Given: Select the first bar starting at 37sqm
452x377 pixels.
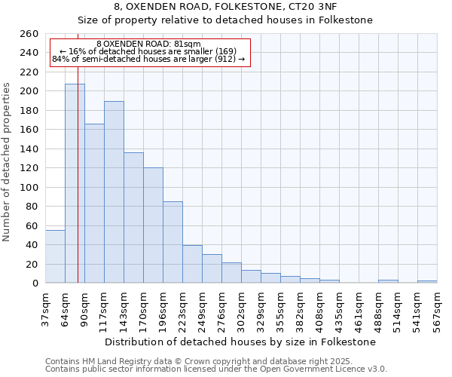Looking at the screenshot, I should coord(55,256).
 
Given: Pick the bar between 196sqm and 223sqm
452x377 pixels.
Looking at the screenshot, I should coord(173,242).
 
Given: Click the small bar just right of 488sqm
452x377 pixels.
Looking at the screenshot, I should coord(388,281).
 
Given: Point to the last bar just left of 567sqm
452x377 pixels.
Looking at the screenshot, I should coord(427,282).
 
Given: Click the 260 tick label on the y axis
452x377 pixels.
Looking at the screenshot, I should coord(29,34).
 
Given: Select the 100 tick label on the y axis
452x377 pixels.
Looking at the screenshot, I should coord(29,187).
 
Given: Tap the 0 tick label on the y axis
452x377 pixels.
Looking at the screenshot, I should coord(35,283).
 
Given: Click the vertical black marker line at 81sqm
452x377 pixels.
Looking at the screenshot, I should coord(78,188).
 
